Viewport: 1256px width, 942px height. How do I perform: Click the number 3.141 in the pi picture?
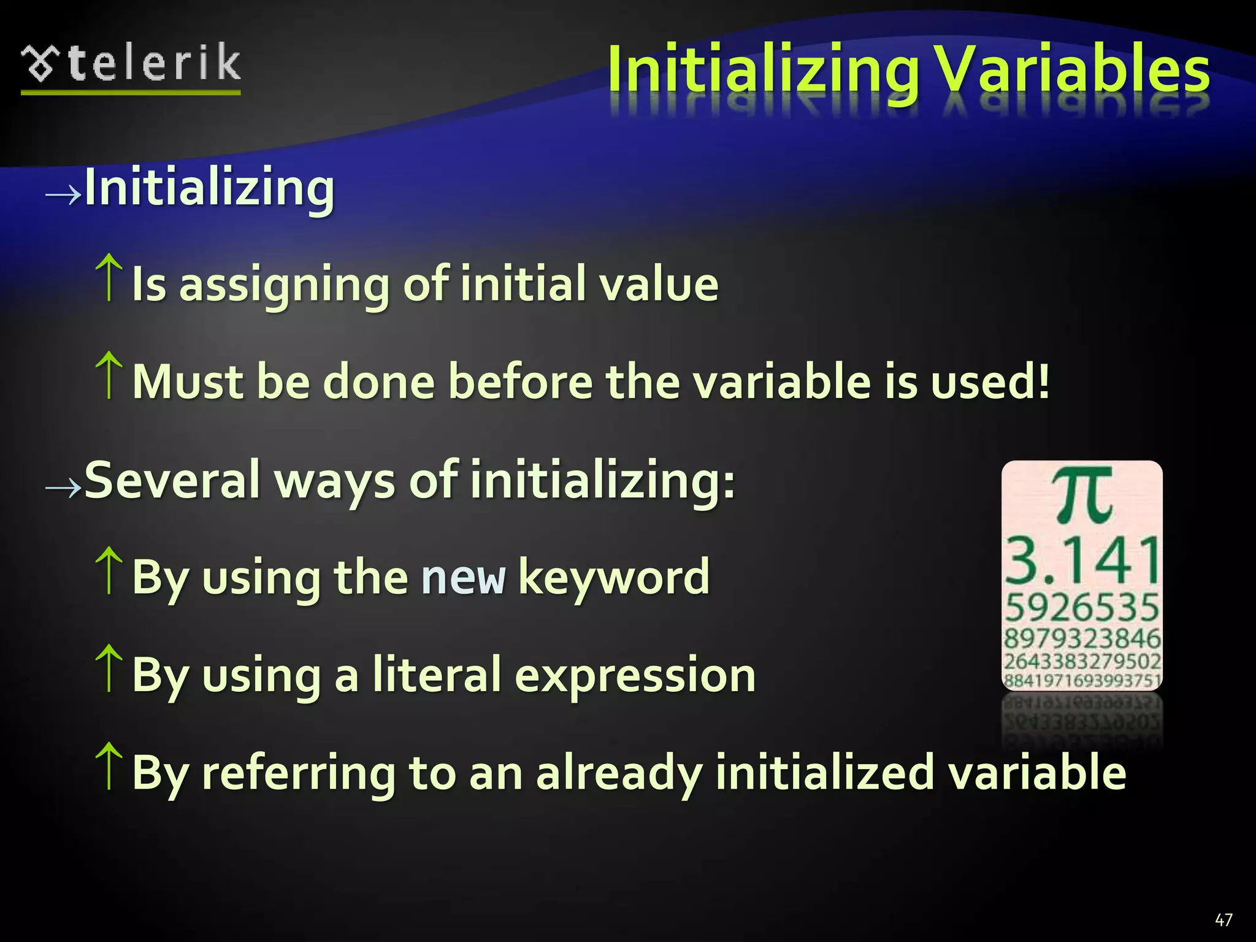coord(1082,560)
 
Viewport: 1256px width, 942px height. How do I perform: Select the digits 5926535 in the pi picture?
coord(1082,607)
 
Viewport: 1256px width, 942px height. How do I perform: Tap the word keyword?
coord(614,577)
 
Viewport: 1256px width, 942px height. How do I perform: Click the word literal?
coord(437,675)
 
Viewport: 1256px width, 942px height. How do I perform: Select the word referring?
coord(299,773)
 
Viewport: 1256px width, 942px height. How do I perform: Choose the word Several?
coord(172,480)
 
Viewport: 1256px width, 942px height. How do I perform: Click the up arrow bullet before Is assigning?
coord(109,278)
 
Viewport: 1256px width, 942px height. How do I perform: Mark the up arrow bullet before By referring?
coord(109,766)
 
